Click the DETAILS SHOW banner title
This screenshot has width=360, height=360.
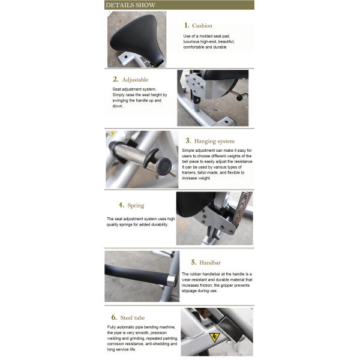130,5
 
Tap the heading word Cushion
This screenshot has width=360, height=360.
202,26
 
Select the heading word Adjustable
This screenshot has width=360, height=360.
135,80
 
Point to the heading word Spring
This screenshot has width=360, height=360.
136,205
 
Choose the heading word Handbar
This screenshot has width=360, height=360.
210,263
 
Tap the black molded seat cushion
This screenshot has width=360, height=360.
137,38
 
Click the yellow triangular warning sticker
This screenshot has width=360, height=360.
214,337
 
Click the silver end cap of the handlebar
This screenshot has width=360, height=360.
172,280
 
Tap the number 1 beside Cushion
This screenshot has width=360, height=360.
187,25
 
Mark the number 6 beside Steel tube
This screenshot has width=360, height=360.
114,317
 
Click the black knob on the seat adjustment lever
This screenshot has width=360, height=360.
239,98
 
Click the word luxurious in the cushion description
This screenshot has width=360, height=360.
191,42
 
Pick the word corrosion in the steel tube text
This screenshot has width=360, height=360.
116,344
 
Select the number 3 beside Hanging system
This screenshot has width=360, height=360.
188,141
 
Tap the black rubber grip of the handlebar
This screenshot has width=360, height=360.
137,274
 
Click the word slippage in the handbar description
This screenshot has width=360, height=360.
190,291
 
